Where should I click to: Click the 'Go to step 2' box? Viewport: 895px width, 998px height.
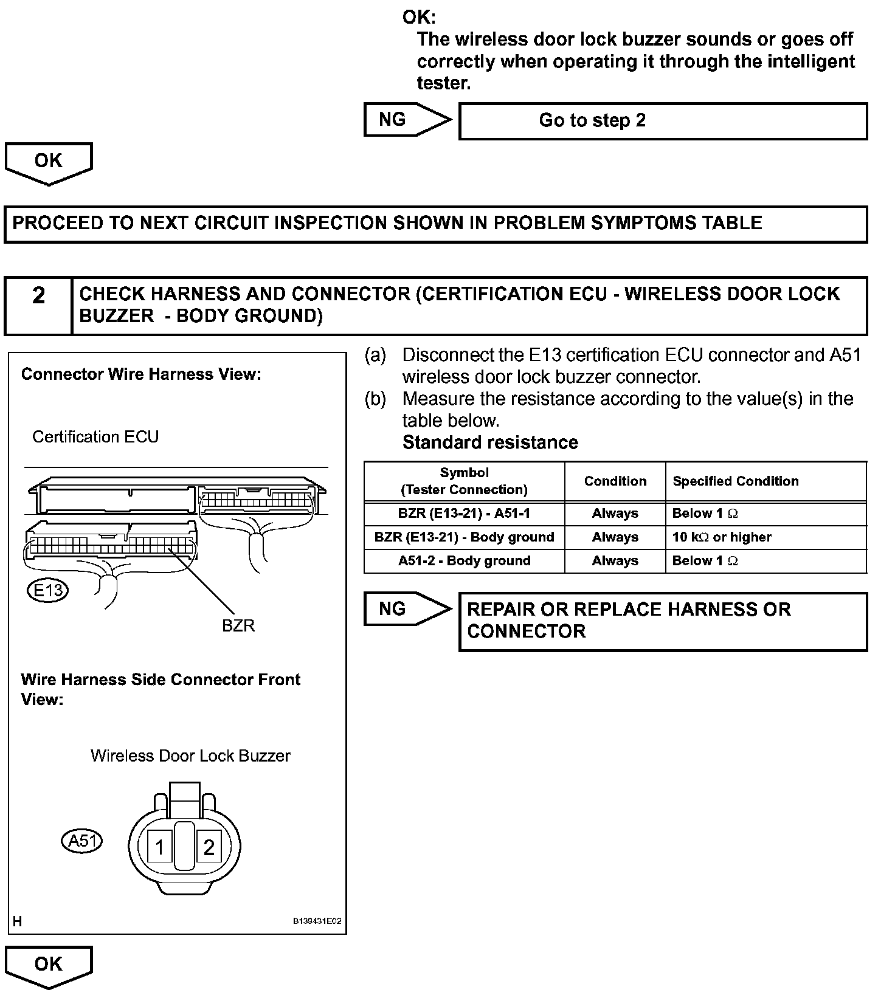pyautogui.click(x=663, y=121)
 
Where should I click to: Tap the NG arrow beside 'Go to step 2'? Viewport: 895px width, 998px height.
pyautogui.click(x=406, y=120)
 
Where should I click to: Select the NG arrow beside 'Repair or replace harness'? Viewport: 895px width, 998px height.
pyautogui.click(x=406, y=608)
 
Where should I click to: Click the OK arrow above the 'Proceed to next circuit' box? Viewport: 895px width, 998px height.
pyautogui.click(x=48, y=162)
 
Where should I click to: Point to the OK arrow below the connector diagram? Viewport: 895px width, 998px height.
pyautogui.click(x=48, y=966)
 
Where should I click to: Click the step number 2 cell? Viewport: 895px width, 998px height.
pyautogui.click(x=38, y=305)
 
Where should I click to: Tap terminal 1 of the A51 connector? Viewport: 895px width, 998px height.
pyautogui.click(x=160, y=847)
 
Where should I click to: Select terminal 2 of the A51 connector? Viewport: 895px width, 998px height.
pyautogui.click(x=209, y=847)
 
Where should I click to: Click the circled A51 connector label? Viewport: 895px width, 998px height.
pyautogui.click(x=82, y=841)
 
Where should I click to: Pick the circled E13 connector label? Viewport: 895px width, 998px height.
pyautogui.click(x=48, y=590)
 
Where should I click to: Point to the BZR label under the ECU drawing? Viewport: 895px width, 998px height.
pyautogui.click(x=238, y=625)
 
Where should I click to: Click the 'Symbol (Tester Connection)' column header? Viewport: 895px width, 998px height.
pyautogui.click(x=464, y=481)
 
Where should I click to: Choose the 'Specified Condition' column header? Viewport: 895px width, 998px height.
pyautogui.click(x=735, y=481)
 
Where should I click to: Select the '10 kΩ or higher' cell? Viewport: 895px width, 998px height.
pyautogui.click(x=722, y=537)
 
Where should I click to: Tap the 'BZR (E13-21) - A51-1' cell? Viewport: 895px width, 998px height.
pyautogui.click(x=464, y=514)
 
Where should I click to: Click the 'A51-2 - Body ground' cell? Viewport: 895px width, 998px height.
pyautogui.click(x=464, y=561)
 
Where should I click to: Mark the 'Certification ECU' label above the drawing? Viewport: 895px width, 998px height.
pyautogui.click(x=95, y=437)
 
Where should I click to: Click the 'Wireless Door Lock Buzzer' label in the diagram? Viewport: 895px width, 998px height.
pyautogui.click(x=190, y=755)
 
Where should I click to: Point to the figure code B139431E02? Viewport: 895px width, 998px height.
pyautogui.click(x=317, y=921)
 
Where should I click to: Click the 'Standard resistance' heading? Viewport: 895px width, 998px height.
pyautogui.click(x=490, y=442)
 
